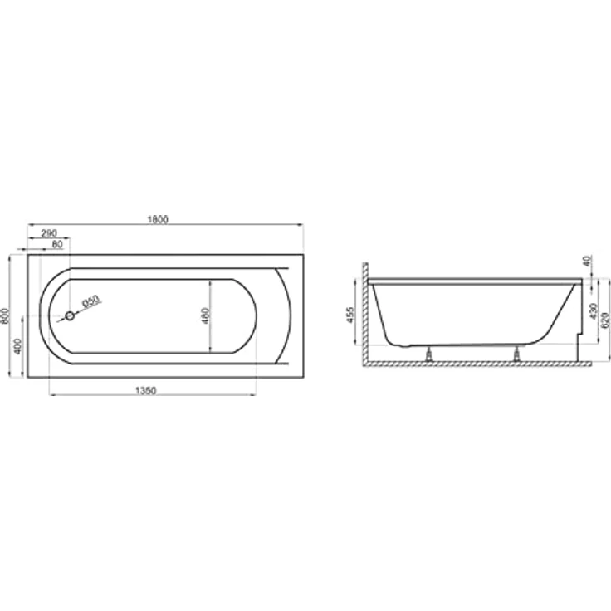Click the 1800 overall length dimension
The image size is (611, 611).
(158, 219)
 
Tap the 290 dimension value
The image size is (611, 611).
(49, 233)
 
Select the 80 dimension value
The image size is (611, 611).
(57, 244)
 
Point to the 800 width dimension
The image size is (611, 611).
(5, 315)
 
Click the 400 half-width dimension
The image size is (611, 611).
(18, 346)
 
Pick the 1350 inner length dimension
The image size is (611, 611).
(146, 390)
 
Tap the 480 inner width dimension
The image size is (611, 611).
(206, 315)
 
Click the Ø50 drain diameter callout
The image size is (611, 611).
(91, 301)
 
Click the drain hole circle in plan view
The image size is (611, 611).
(70, 316)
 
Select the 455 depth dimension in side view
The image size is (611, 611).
(350, 315)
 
